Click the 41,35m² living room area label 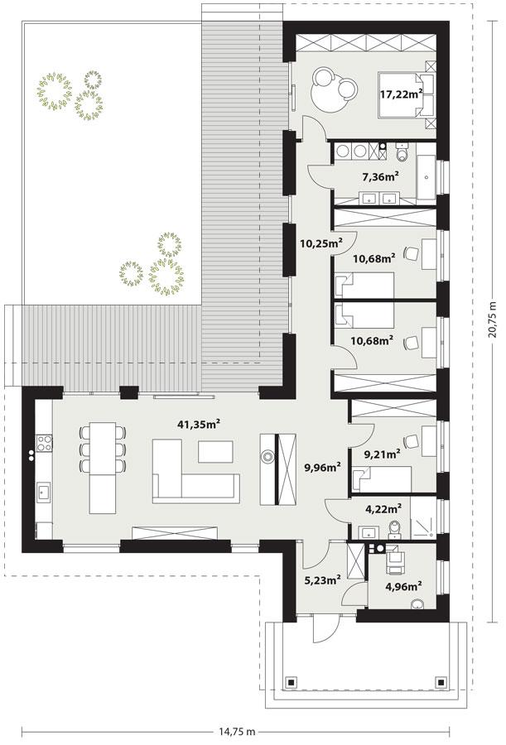click(x=198, y=424)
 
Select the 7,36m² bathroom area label click(x=380, y=176)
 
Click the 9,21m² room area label click(x=382, y=453)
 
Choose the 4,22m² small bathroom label click(x=383, y=508)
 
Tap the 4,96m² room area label click(x=403, y=587)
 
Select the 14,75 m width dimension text click(x=236, y=732)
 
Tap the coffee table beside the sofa click(x=216, y=451)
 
